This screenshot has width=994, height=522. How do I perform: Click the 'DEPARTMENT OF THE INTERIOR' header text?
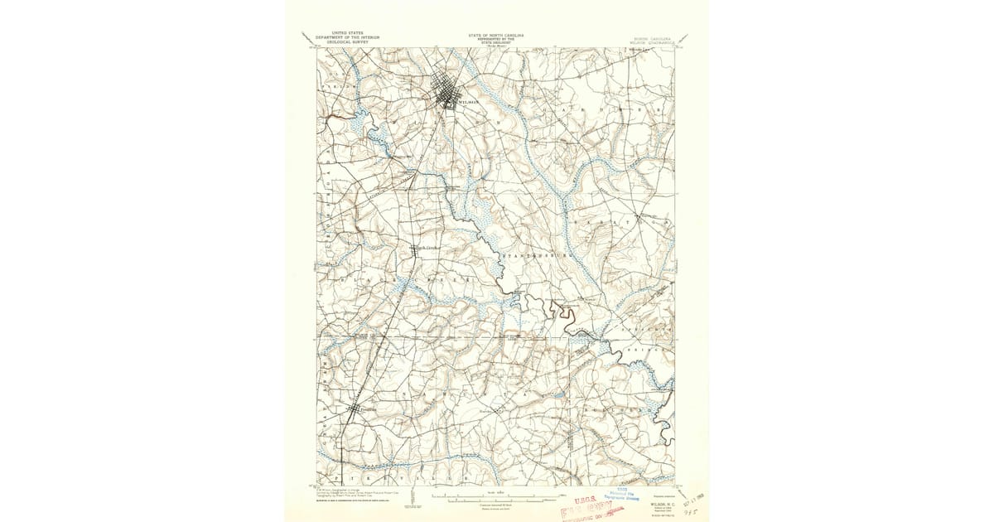point(346,37)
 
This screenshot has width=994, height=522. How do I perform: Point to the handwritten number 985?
point(684,513)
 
